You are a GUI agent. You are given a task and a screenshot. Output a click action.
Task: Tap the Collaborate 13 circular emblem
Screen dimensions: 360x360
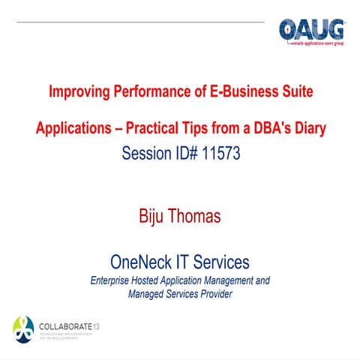click(24, 327)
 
